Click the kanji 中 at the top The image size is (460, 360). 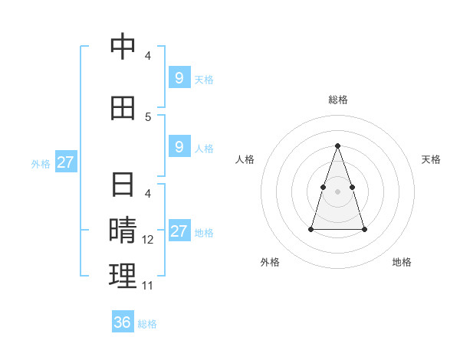[123, 47]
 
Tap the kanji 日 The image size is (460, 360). [123, 186]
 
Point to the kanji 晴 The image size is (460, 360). [123, 230]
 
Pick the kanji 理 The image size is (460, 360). [123, 276]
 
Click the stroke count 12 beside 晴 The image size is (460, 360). [148, 240]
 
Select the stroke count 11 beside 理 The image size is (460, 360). [148, 286]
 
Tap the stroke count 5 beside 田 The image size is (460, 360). [148, 117]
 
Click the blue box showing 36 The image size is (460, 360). [123, 322]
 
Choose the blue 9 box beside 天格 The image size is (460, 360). [179, 77]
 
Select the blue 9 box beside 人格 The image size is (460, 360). [179, 147]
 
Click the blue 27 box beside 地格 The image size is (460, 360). [179, 232]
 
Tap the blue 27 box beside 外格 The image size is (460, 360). [65, 162]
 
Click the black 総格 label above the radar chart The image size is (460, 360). [338, 100]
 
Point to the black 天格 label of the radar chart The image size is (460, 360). [431, 159]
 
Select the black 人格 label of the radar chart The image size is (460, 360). [245, 159]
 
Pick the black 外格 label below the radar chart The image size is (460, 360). [270, 262]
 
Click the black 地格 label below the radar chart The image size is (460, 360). [402, 262]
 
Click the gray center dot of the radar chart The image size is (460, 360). [338, 191]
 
